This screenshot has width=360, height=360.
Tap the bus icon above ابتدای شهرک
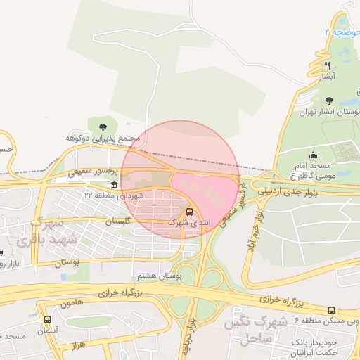(x=189, y=212)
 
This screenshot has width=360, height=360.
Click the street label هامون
(x=72, y=303)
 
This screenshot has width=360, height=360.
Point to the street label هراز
(x=77, y=347)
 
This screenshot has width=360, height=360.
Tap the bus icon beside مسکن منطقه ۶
(x=332, y=309)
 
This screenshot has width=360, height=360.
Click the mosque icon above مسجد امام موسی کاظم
(x=313, y=155)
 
